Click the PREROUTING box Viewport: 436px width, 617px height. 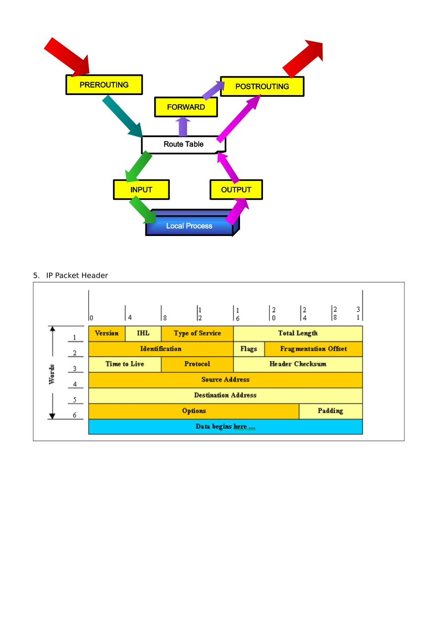tap(104, 84)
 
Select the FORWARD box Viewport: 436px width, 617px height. tap(186, 107)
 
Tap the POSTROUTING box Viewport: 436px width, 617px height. tap(262, 86)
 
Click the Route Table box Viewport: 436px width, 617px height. tap(184, 144)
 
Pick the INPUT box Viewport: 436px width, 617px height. tap(141, 190)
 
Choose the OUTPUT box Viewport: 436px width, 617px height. tap(236, 190)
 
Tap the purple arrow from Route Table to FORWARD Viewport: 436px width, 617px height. tap(183, 126)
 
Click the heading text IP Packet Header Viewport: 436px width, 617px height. tap(77, 275)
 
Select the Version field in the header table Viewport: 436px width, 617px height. tap(106, 333)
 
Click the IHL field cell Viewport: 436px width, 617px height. tap(143, 333)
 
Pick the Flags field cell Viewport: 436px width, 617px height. tap(249, 349)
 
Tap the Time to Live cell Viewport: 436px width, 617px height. tap(125, 364)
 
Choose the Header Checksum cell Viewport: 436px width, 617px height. tap(298, 364)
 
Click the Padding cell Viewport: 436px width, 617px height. tap(330, 411)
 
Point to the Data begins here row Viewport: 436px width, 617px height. tap(226, 426)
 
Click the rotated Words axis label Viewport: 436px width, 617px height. tap(51, 374)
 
